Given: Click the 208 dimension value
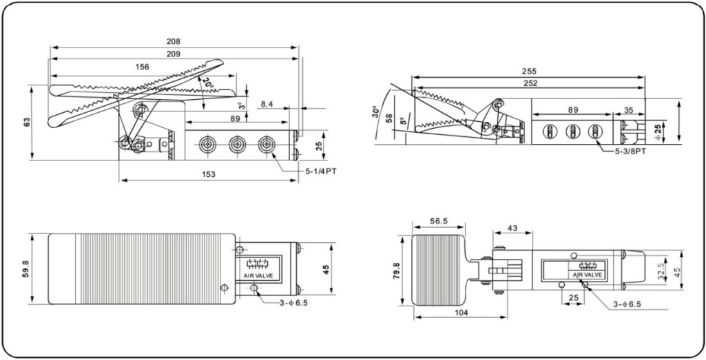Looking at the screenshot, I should tap(174, 41).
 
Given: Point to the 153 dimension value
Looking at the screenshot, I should tap(209, 175).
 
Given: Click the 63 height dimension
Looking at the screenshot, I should tap(27, 123).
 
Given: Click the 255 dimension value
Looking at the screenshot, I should tap(529, 71).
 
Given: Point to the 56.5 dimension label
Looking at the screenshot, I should tap(439, 222).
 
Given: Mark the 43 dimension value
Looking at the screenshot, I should tap(512, 228).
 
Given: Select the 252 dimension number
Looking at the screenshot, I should tap(529, 83).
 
